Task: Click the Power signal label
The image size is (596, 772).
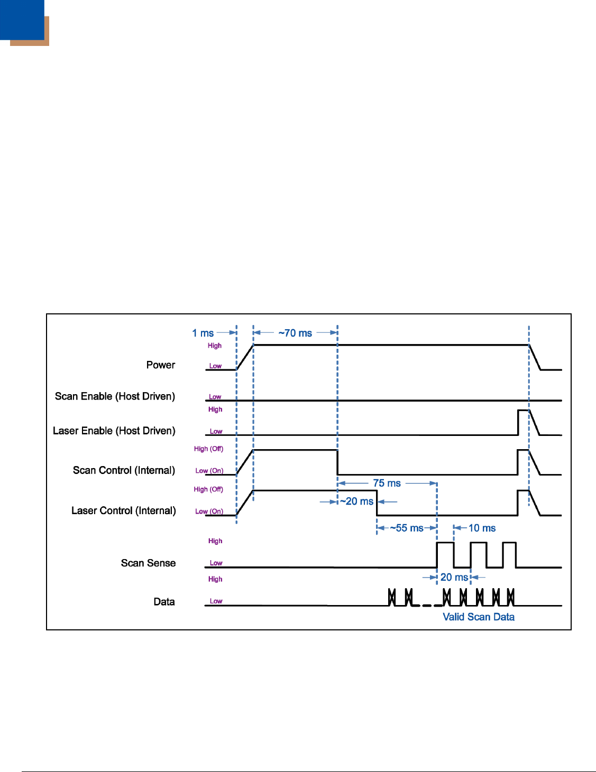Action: point(161,365)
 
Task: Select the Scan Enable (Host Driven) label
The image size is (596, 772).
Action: point(115,396)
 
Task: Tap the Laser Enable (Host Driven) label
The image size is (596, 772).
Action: point(114,431)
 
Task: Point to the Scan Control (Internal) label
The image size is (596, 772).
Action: point(124,470)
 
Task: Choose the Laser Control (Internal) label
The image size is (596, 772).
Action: point(124,510)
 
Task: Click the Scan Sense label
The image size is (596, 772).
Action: point(148,563)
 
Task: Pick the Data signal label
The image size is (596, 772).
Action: point(164,601)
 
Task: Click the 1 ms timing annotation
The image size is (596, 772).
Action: point(203,333)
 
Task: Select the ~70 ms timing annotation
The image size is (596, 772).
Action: point(295,333)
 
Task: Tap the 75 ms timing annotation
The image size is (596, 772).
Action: point(387,483)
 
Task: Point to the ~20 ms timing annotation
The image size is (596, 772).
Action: point(356,501)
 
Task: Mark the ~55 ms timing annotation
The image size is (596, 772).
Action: point(407,528)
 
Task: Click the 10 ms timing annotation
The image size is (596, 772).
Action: point(482,528)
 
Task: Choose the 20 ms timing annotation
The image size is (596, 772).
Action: point(454,577)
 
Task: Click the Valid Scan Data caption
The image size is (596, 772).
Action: point(479,617)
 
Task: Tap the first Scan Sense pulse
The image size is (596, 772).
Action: point(445,543)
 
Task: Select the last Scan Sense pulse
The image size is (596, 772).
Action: point(509,543)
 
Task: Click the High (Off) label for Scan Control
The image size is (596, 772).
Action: point(208,449)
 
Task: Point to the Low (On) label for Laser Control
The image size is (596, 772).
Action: point(209,511)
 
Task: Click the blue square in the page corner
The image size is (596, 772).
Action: point(22,20)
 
